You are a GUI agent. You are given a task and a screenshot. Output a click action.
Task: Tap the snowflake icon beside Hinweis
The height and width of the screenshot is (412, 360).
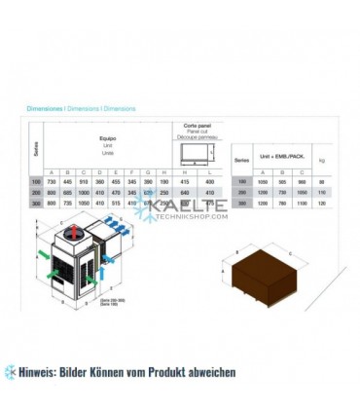pos(11,371)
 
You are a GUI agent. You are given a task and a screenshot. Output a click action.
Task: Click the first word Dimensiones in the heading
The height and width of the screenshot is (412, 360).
pos(44,110)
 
